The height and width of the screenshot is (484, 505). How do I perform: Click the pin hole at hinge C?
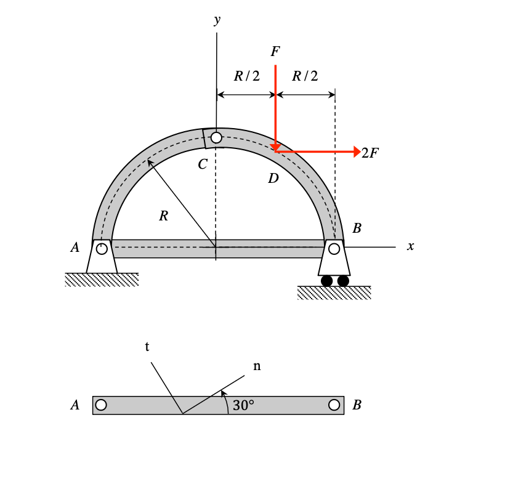tap(216, 137)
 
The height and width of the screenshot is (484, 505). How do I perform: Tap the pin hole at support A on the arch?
tap(102, 249)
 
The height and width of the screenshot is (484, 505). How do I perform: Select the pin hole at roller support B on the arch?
tap(334, 249)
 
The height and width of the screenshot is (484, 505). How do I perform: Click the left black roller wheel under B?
tap(326, 281)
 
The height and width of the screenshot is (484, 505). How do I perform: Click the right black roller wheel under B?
tap(343, 281)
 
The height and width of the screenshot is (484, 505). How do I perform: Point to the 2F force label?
tap(370, 153)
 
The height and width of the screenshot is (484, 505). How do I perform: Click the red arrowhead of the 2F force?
tap(357, 151)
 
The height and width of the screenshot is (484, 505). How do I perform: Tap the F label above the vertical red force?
tap(275, 51)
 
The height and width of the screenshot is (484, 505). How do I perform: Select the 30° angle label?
tap(243, 405)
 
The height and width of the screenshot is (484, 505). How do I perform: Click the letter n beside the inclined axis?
tap(257, 366)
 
